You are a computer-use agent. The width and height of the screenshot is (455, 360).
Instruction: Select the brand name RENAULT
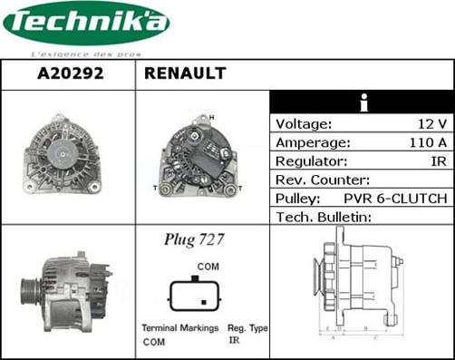coord(184,74)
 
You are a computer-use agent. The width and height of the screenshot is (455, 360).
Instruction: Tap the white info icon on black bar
coord(363,102)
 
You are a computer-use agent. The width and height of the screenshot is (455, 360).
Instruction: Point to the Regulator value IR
coord(438,161)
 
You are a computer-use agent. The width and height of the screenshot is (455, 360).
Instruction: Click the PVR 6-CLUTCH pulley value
coord(395,198)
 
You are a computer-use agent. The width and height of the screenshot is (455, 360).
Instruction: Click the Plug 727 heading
coord(194,240)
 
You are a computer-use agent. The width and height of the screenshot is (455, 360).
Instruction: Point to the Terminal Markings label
coord(179,328)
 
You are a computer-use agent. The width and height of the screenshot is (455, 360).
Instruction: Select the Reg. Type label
coord(247,328)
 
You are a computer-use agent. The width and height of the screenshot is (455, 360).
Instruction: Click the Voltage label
coord(304,124)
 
